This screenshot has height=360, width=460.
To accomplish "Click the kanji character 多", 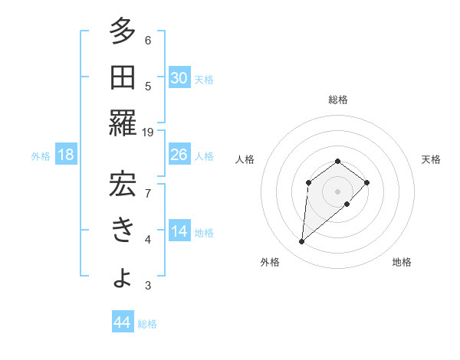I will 123,33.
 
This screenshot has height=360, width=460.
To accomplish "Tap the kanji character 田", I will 123,77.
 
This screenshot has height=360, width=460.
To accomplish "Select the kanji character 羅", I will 123,123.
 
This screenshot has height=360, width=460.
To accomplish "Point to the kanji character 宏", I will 123,185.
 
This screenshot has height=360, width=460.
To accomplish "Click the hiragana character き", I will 123,230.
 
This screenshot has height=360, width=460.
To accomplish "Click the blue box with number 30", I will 179,77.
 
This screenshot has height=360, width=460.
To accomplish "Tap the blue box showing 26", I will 179,155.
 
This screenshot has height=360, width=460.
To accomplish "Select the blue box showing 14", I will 179,231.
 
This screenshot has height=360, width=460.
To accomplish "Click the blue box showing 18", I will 66,155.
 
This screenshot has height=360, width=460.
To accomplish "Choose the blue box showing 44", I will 122,322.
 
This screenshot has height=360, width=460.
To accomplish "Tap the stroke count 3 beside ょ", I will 148,286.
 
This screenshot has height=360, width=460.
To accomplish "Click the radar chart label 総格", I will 338,100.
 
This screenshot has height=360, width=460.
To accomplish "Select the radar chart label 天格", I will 432,159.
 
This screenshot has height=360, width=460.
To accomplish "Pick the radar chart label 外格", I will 270,262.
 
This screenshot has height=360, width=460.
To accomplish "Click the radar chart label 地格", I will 402,262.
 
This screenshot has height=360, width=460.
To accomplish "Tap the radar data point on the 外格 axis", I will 302,242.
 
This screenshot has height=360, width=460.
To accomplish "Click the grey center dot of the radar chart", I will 337,191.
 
